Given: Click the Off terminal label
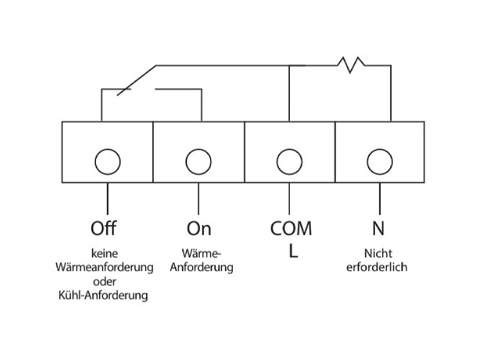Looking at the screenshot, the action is (x=103, y=228).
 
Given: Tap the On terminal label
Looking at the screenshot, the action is (x=199, y=229).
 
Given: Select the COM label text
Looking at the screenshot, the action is (x=291, y=229).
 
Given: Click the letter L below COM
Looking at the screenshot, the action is (x=293, y=251).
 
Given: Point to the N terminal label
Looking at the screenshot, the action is (x=379, y=229).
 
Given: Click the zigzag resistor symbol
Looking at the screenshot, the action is (x=351, y=65).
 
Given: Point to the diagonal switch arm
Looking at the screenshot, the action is (x=137, y=80).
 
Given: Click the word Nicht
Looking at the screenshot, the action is (x=378, y=253).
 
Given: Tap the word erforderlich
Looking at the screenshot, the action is (x=377, y=267).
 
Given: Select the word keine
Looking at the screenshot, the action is (x=104, y=253).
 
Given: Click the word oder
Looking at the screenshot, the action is (x=104, y=281).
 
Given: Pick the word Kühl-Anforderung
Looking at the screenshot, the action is (x=103, y=295).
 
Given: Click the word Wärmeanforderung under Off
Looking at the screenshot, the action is (x=104, y=267).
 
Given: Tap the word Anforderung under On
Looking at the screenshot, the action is (x=202, y=267).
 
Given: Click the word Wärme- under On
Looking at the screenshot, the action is (x=201, y=253).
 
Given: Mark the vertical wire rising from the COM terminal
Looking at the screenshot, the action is (x=289, y=94).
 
